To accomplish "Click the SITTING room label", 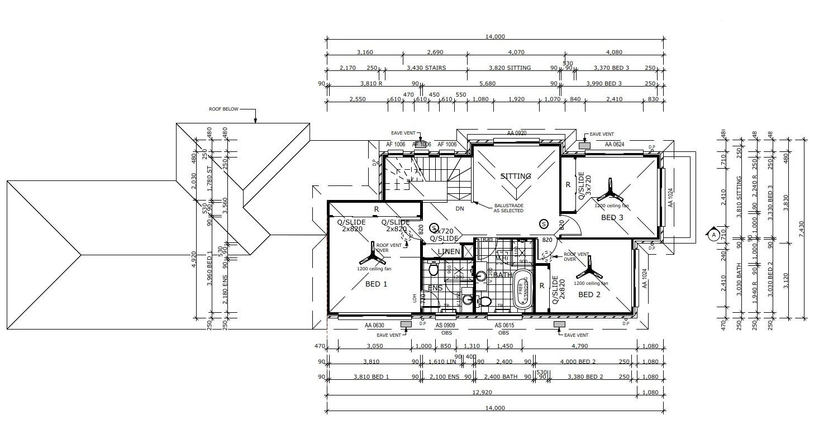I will (515, 176).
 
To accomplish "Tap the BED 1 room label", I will (376, 284).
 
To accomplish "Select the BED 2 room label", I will (589, 294).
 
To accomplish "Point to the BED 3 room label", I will (612, 217).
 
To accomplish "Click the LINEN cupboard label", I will (449, 252).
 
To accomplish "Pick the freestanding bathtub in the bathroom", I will (523, 289).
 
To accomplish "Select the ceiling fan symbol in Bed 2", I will (588, 273).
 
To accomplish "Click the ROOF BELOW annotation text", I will (223, 109).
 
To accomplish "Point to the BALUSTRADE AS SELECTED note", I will (508, 208).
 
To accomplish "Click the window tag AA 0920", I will (516, 133).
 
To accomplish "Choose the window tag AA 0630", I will (375, 325).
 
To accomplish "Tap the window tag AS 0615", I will (504, 325).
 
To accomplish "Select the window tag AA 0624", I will (615, 144).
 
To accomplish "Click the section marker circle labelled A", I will (713, 235).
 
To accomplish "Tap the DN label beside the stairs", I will (460, 209).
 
